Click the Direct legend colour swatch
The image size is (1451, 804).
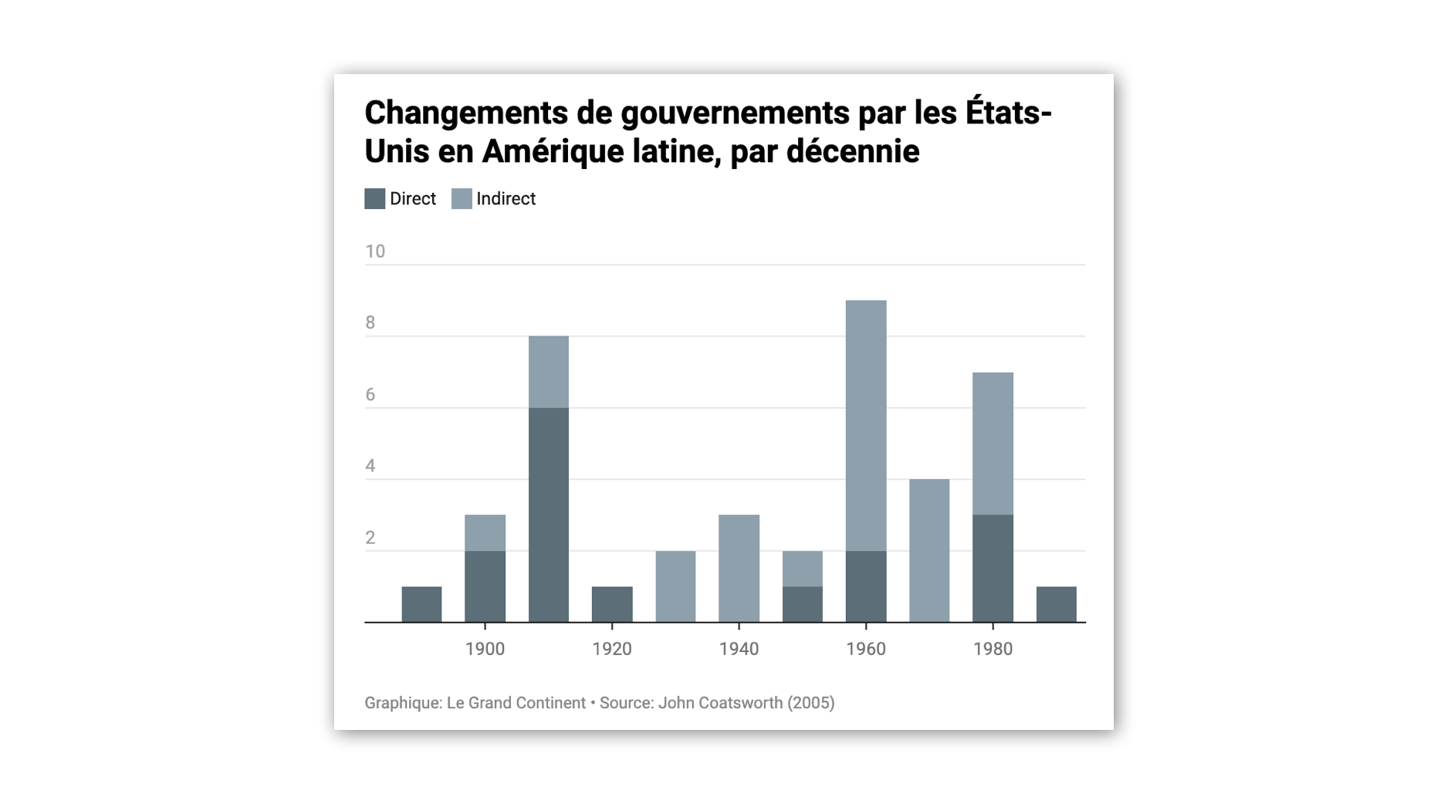(x=374, y=199)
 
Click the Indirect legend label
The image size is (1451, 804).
(x=506, y=199)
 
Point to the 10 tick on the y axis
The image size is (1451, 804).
(x=375, y=252)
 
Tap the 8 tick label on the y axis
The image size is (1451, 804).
(x=370, y=323)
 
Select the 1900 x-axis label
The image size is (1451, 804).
(x=485, y=649)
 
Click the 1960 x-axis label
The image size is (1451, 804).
(x=866, y=649)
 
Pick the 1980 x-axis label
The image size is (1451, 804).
(x=993, y=649)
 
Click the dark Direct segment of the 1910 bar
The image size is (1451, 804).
(x=549, y=515)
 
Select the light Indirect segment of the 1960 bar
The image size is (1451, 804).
(x=866, y=425)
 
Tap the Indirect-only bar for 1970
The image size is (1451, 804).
(x=929, y=550)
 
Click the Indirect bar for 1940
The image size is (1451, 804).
(x=739, y=568)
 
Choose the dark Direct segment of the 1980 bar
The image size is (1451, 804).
(x=993, y=568)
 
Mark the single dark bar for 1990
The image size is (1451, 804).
(x=1056, y=604)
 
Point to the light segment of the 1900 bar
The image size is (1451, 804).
(x=485, y=532)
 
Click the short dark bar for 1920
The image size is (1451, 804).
(x=612, y=604)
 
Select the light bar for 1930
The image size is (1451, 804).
(x=675, y=586)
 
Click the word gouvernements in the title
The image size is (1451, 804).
(x=735, y=113)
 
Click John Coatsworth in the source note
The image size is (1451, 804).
(x=720, y=703)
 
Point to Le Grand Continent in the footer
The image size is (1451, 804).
(x=516, y=703)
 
